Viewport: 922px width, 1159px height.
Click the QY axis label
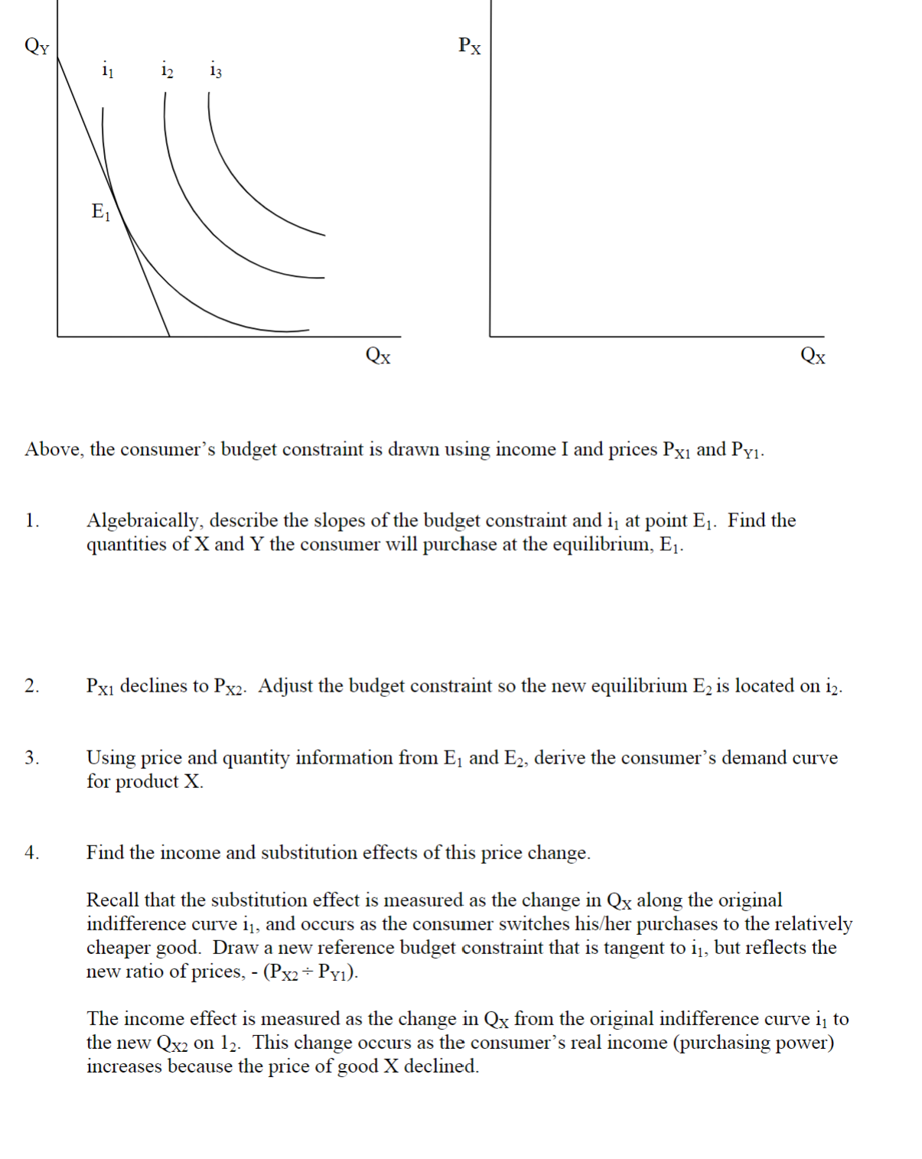pyautogui.click(x=36, y=46)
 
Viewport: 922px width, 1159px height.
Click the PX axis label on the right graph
pyautogui.click(x=469, y=46)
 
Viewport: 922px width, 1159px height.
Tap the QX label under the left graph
pyautogui.click(x=378, y=356)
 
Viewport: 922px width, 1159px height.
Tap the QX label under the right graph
pyautogui.click(x=813, y=356)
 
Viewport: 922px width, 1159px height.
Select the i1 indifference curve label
pyautogui.click(x=108, y=70)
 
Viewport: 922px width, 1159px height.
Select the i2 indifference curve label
pyautogui.click(x=167, y=70)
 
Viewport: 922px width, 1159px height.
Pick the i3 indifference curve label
pyautogui.click(x=216, y=70)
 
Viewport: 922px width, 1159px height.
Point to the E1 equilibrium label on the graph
pyautogui.click(x=100, y=211)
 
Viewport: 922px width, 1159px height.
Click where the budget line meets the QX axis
pyautogui.click(x=169, y=336)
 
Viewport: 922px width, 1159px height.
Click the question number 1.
pyautogui.click(x=31, y=521)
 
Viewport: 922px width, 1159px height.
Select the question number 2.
pyautogui.click(x=31, y=686)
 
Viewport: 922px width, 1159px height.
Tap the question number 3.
pyautogui.click(x=31, y=758)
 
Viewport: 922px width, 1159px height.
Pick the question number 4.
pyautogui.click(x=31, y=853)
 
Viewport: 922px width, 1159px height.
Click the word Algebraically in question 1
pyautogui.click(x=142, y=521)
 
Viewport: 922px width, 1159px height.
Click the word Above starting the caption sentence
pyautogui.click(x=53, y=449)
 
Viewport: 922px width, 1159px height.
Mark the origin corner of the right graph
pyautogui.click(x=490, y=336)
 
